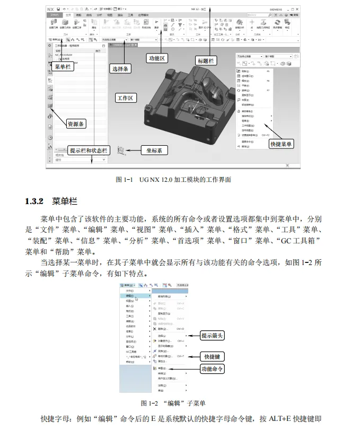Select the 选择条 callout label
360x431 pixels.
[121, 68]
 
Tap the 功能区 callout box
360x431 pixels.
[156, 58]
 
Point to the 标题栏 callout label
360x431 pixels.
[205, 61]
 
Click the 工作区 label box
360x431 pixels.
[127, 98]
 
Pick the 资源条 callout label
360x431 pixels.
[76, 124]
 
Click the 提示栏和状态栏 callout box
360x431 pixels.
[89, 151]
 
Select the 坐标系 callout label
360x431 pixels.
[154, 151]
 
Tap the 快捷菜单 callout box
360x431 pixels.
[281, 144]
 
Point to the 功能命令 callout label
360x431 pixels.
[213, 369]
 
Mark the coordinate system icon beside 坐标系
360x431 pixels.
[122, 151]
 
